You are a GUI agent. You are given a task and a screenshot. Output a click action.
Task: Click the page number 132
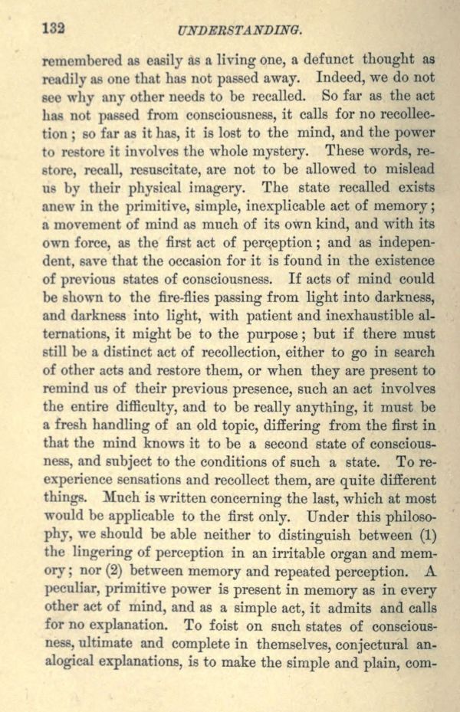pyautogui.click(x=52, y=28)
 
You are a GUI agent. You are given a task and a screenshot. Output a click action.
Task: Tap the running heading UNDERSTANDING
pyautogui.click(x=238, y=31)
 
